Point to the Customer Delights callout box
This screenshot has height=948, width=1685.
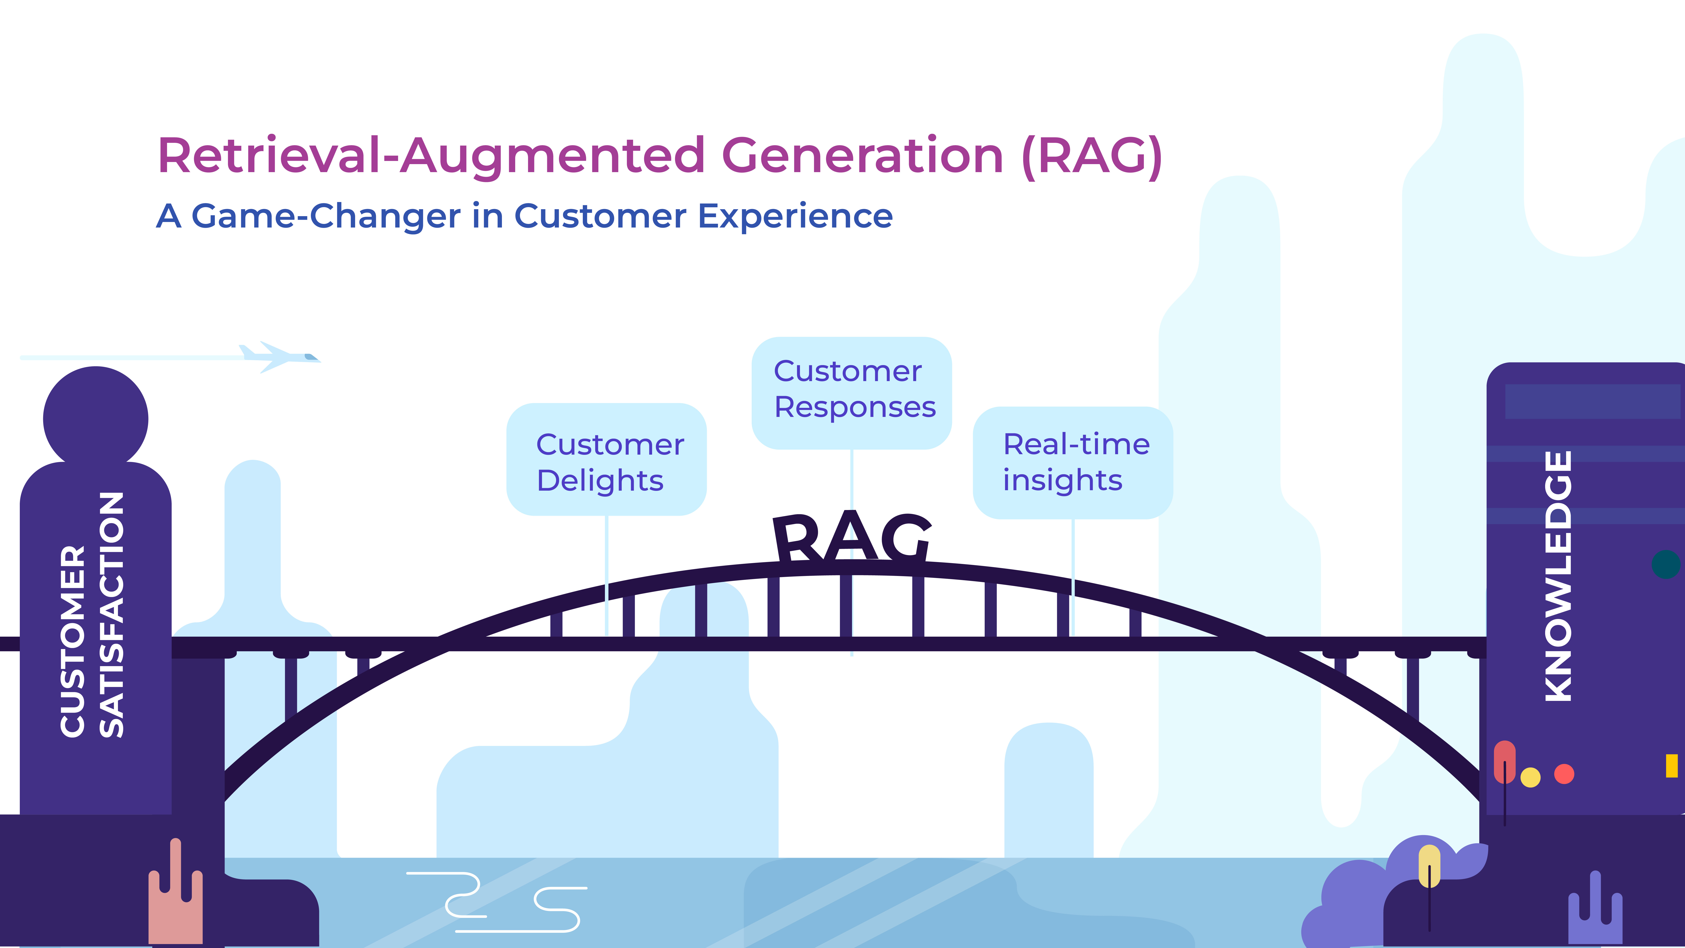click(x=606, y=459)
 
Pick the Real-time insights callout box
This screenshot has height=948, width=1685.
click(x=1073, y=463)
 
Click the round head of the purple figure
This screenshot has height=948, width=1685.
click(x=95, y=418)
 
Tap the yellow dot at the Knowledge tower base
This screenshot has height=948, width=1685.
click(x=1531, y=777)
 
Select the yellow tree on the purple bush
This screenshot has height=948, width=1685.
click(x=1429, y=867)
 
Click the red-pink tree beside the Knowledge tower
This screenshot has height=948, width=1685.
click(x=1504, y=762)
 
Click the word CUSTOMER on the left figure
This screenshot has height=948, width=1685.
click(x=73, y=641)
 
